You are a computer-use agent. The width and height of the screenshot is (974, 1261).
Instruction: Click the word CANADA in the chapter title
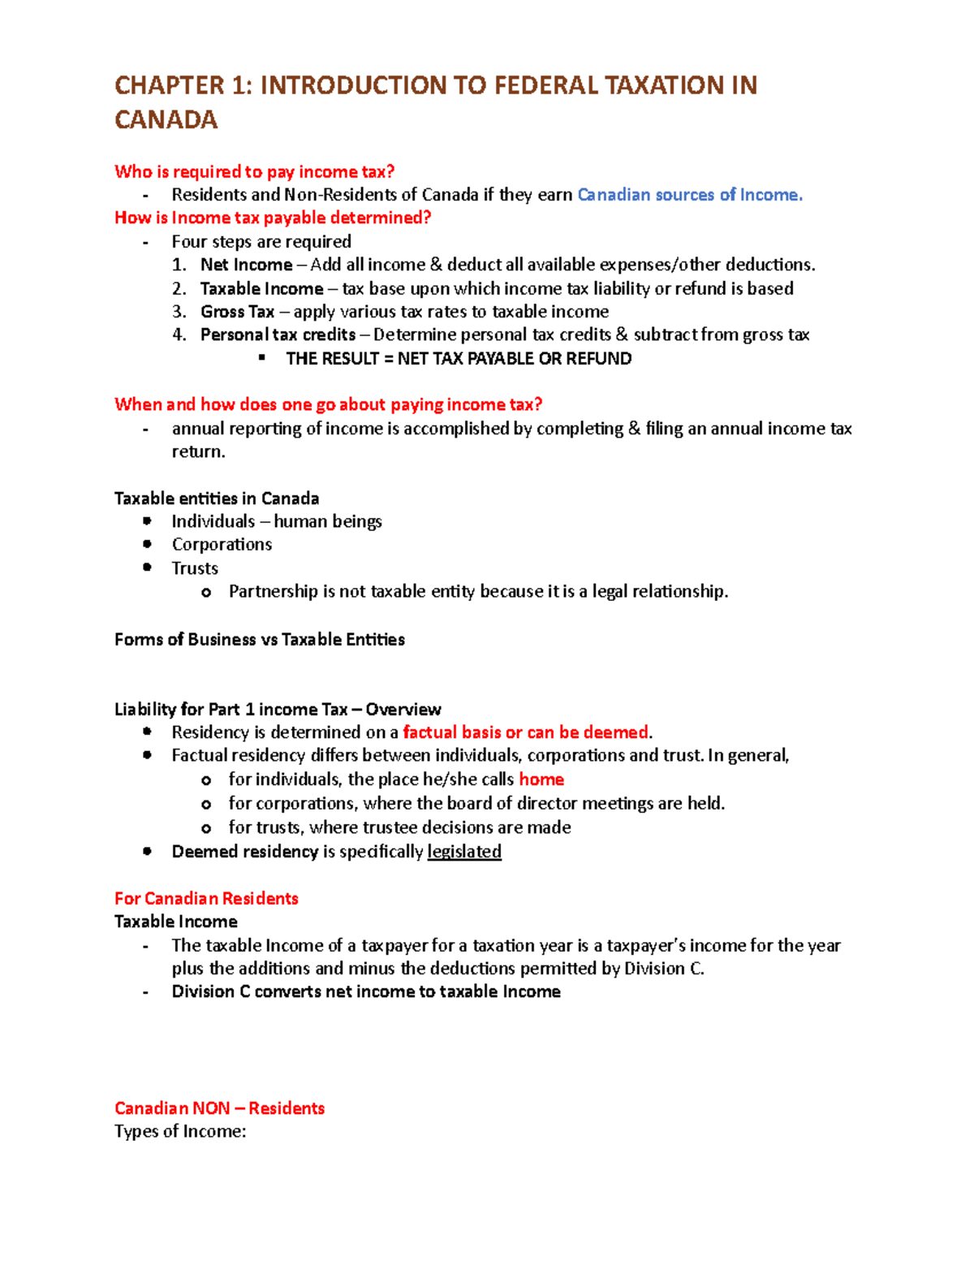(166, 120)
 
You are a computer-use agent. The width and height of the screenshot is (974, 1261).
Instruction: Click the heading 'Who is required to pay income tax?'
(254, 171)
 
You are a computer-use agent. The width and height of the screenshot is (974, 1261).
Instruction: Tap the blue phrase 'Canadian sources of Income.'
(689, 195)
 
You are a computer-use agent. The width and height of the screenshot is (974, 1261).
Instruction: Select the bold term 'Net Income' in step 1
(246, 265)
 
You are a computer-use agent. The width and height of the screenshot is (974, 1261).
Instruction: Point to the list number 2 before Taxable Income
(179, 288)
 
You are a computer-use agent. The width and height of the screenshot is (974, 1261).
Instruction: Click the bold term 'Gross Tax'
(237, 312)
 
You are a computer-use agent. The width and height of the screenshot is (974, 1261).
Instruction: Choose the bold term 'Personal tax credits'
(278, 335)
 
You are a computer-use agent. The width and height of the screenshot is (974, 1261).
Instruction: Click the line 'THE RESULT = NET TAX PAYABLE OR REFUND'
(459, 359)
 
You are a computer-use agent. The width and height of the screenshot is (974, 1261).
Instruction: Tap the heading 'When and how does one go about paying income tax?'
(328, 404)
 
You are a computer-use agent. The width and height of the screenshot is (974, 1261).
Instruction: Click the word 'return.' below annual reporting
(198, 451)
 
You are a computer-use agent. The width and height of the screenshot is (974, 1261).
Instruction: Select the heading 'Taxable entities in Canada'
(217, 498)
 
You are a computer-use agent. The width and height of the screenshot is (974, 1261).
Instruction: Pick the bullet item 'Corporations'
(222, 544)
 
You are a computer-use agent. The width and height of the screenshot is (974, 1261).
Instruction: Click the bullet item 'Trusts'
(195, 568)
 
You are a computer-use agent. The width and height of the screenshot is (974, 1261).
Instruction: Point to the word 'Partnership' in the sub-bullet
(273, 591)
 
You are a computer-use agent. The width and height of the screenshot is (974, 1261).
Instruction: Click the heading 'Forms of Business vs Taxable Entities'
(260, 639)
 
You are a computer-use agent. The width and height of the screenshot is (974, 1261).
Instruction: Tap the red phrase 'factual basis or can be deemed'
(525, 732)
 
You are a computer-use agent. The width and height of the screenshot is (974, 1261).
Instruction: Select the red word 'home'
(541, 779)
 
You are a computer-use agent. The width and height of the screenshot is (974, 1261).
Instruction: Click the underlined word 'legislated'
(464, 851)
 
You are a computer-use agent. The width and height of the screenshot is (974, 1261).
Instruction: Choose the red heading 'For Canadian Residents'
(206, 898)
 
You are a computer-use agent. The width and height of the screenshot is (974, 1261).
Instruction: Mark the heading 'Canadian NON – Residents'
(219, 1108)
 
